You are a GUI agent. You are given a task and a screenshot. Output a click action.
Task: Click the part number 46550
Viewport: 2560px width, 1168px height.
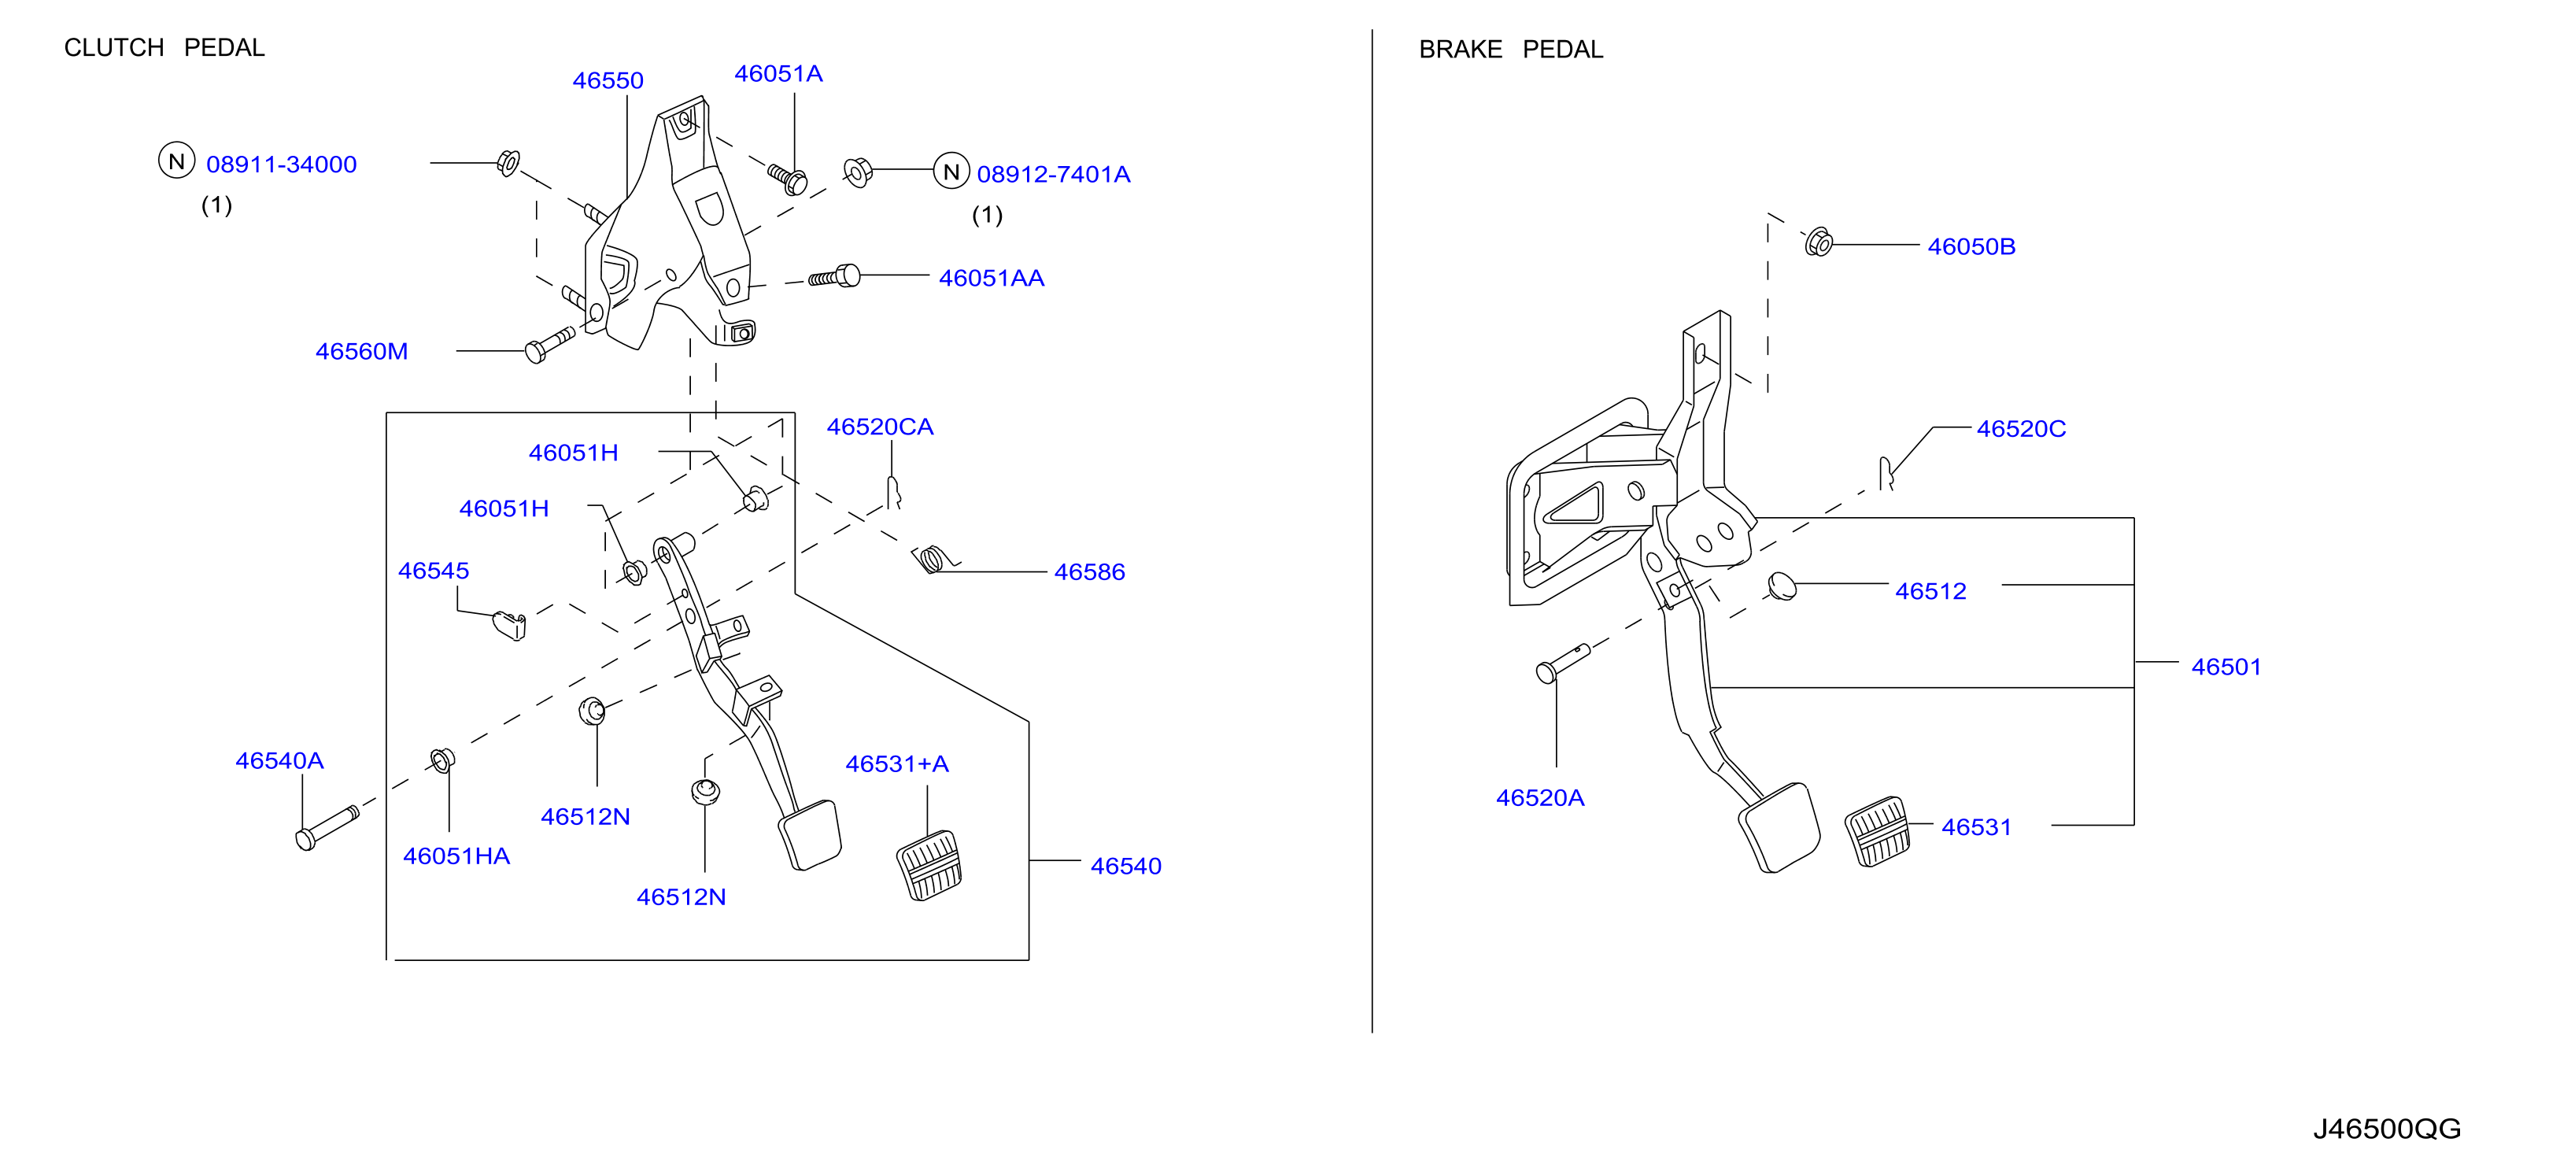pyautogui.click(x=608, y=80)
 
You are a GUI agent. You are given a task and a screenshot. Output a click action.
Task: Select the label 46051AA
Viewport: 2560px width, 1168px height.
pyautogui.click(x=991, y=279)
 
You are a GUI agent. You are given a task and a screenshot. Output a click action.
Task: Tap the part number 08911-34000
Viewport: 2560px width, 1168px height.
pyautogui.click(x=281, y=164)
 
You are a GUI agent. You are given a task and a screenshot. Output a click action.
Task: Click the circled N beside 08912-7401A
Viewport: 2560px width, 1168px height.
pyautogui.click(x=951, y=172)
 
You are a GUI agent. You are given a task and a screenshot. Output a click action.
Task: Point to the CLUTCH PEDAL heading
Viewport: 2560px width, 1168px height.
pyautogui.click(x=164, y=48)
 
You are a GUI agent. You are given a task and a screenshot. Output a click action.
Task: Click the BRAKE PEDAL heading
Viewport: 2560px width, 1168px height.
pyautogui.click(x=1510, y=50)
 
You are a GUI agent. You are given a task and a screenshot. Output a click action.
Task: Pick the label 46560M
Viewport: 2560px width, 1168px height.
pyautogui.click(x=362, y=351)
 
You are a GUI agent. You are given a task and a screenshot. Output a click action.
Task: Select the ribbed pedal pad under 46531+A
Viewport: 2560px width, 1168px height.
pyautogui.click(x=929, y=865)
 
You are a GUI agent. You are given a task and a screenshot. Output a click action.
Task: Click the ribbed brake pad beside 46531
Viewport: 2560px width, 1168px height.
pyautogui.click(x=1877, y=831)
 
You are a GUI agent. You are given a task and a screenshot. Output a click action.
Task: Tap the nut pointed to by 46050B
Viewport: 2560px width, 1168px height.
pyautogui.click(x=1819, y=242)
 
